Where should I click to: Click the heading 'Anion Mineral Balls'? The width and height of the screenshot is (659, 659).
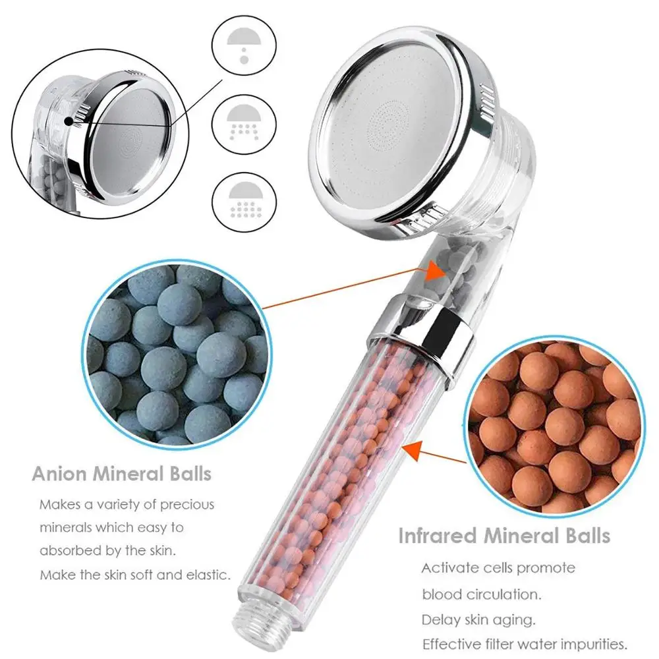click(x=122, y=473)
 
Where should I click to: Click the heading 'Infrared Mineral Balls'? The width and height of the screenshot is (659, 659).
click(x=504, y=535)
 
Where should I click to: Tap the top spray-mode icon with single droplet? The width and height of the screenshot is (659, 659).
click(x=243, y=45)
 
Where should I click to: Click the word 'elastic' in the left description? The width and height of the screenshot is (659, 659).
click(x=208, y=575)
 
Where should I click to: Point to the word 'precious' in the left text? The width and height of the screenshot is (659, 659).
click(x=188, y=505)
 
